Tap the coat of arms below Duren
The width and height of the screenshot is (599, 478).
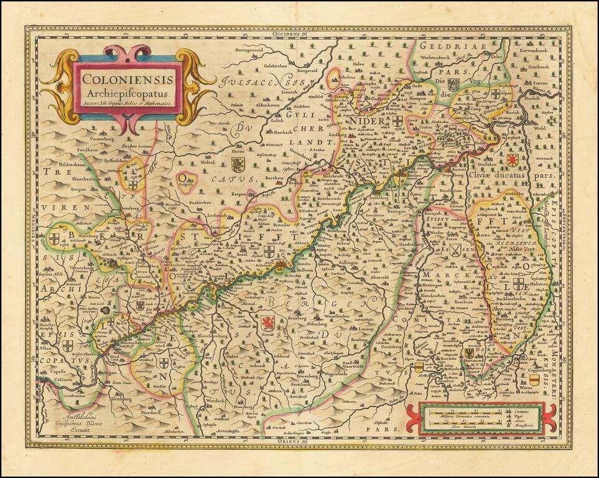click(x=238, y=164)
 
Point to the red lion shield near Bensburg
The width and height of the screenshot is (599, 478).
click(x=267, y=323)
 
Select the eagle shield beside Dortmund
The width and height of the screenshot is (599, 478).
click(x=470, y=353)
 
